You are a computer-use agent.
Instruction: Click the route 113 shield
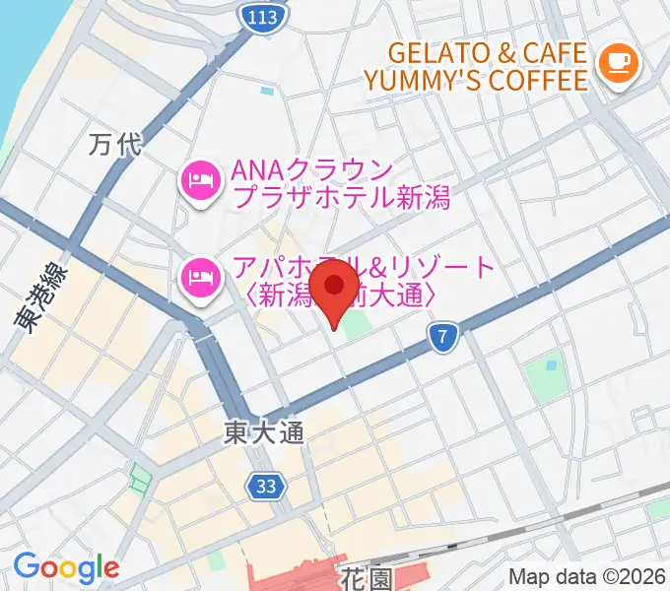[263, 16]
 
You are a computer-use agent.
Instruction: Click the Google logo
[66, 567]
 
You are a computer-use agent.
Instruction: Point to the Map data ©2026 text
[586, 576]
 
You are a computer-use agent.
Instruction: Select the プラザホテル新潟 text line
[341, 197]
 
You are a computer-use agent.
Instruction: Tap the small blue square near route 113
[267, 92]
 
